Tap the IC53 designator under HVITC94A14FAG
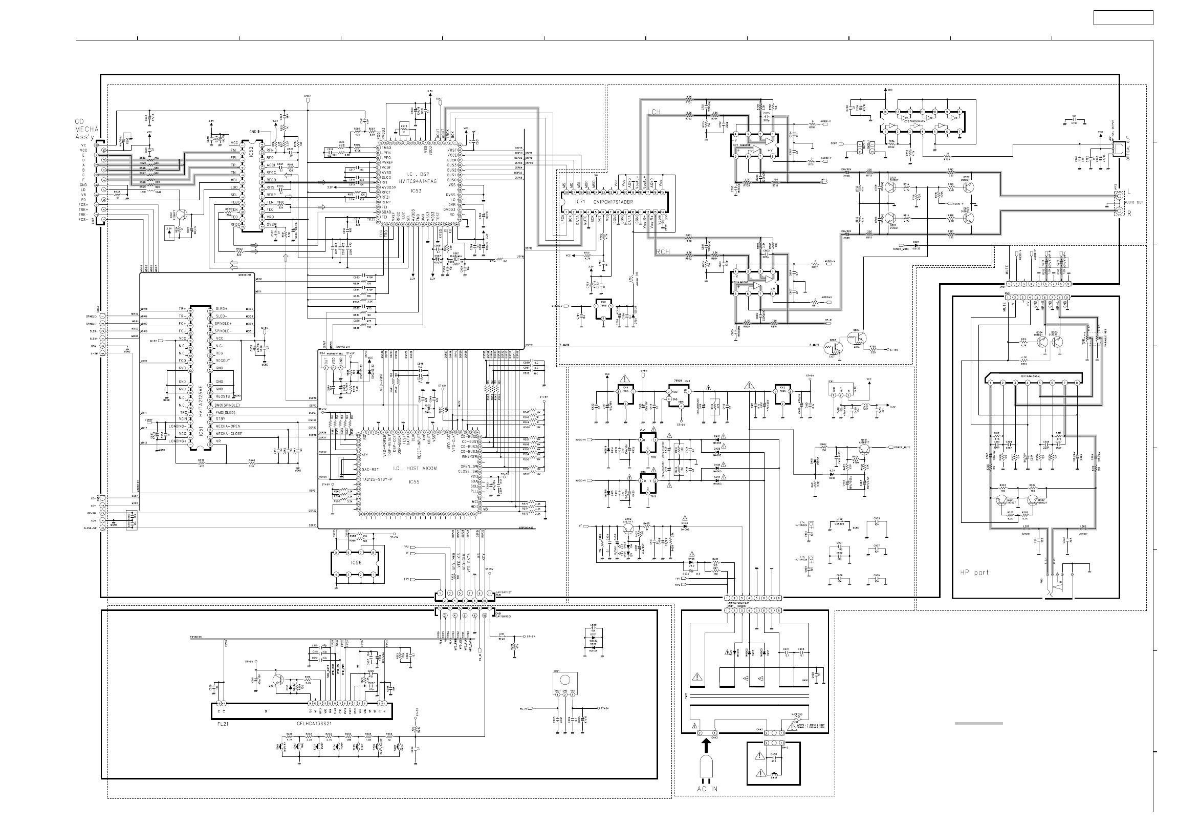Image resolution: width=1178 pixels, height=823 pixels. (x=416, y=191)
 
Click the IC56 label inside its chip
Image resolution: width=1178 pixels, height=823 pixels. (x=356, y=563)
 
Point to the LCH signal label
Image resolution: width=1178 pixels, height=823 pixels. (x=653, y=112)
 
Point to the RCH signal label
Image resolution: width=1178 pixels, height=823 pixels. (x=663, y=252)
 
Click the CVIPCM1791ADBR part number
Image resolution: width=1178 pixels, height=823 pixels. (x=613, y=202)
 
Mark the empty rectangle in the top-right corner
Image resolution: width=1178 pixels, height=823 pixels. (x=1123, y=18)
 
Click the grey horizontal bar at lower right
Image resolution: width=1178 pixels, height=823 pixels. (x=978, y=724)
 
